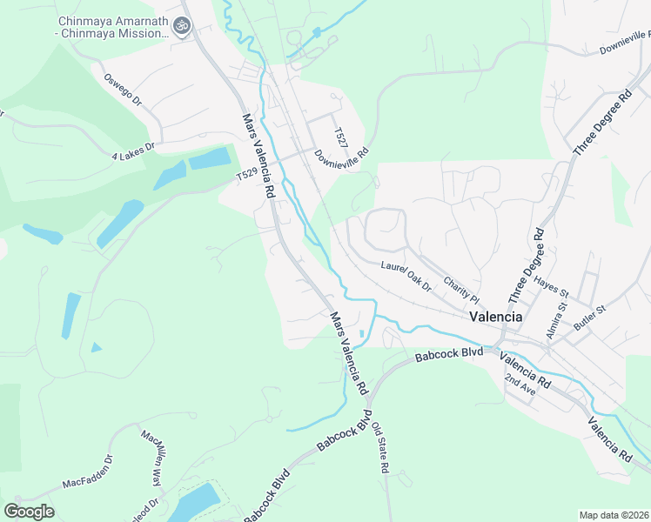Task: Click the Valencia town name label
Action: coord(495,317)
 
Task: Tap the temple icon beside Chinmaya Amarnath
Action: coord(182,27)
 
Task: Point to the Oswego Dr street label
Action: coord(123,89)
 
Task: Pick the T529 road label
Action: coord(248,177)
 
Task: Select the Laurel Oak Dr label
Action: coord(406,275)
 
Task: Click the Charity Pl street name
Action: coord(461,285)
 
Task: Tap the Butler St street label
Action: coord(589,318)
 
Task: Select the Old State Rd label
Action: coord(379,447)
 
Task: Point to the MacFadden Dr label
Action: coord(87,472)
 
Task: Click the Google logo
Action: coord(29,512)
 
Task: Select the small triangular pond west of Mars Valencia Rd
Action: coord(96,347)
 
